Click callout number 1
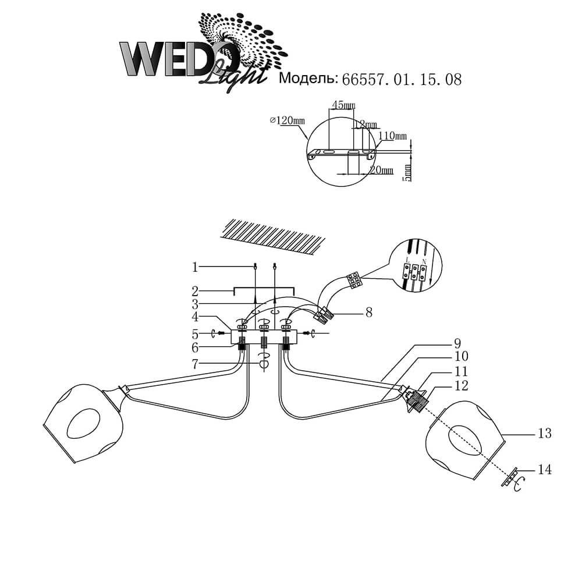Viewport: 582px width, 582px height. (x=196, y=267)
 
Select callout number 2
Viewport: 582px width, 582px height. (x=196, y=289)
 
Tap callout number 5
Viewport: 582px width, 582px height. (x=196, y=334)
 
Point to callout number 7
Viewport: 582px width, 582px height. (x=196, y=363)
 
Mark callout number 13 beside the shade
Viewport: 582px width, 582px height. (x=545, y=434)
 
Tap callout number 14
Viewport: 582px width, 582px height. (x=545, y=469)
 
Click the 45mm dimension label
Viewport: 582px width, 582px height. (x=343, y=105)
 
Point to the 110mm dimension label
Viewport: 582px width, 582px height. (x=393, y=136)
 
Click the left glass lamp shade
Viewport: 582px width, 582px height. (x=84, y=423)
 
